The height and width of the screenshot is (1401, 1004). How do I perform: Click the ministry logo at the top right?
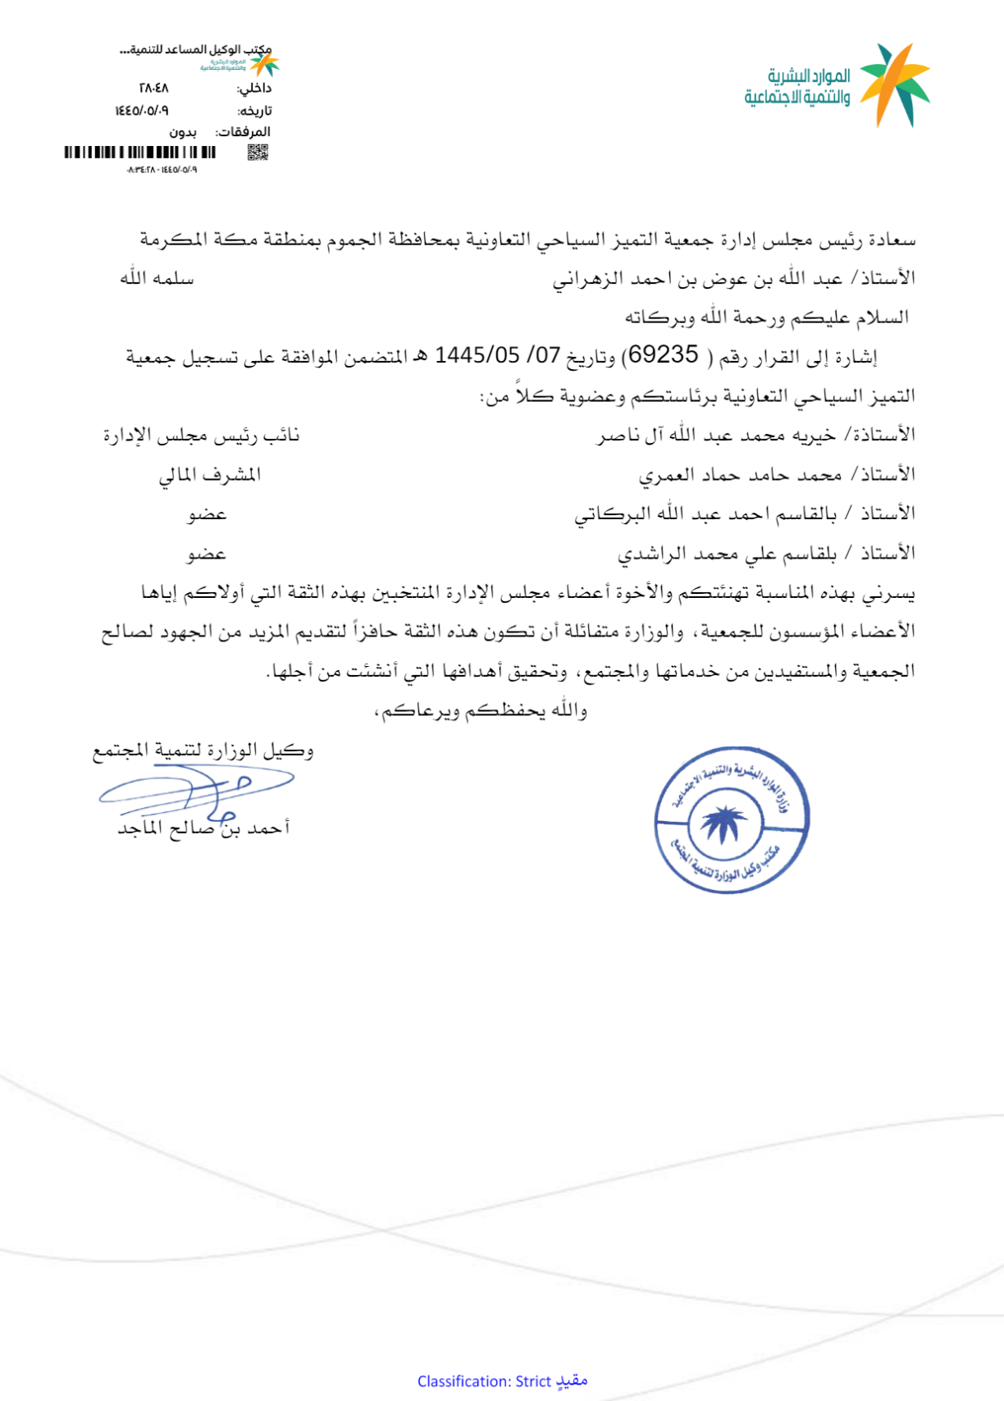pos(837,85)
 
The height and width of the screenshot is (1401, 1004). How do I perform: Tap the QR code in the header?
pos(258,152)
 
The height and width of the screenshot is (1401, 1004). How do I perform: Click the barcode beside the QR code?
pos(140,152)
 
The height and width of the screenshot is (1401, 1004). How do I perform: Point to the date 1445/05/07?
pos(497,355)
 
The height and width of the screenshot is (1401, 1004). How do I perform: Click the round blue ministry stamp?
pos(732,819)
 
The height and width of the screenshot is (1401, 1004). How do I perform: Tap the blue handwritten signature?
pos(197,789)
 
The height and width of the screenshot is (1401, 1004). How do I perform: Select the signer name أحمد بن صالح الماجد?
pos(204,828)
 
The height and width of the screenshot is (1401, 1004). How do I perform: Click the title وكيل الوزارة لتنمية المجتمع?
pos(203,751)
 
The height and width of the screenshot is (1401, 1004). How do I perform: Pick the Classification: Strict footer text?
pos(502,1381)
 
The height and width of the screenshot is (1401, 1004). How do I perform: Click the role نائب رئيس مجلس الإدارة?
pos(202,436)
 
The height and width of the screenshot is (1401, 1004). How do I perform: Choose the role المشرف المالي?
pos(210,475)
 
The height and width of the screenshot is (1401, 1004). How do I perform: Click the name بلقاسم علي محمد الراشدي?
pos(727,554)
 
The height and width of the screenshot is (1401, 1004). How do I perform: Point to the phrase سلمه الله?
pos(157,279)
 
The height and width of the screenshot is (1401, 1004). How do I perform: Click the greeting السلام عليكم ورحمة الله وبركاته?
pos(767,317)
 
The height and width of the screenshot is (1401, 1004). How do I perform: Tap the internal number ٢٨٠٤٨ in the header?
pos(153,88)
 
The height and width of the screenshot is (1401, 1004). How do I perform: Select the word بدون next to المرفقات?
pos(183,131)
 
